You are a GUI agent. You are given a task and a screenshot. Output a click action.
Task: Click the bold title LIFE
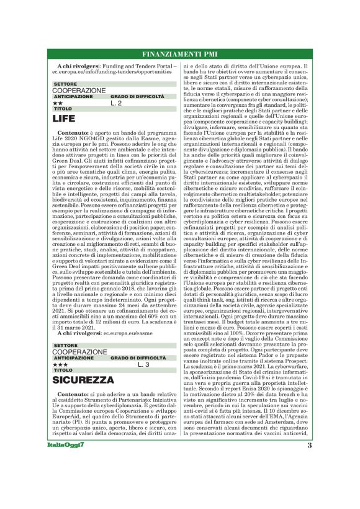click(x=63, y=117)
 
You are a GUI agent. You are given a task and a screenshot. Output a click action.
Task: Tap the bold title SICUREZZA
click(x=83, y=379)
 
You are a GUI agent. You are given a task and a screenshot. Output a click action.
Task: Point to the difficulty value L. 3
click(x=143, y=364)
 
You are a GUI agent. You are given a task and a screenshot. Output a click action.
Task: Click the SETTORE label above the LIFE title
click(x=65, y=84)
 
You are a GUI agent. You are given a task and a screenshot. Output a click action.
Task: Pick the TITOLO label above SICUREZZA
click(x=63, y=370)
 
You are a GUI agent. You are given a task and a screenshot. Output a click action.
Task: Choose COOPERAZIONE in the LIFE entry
click(x=79, y=91)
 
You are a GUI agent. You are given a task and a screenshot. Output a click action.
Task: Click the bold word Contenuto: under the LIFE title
click(x=73, y=133)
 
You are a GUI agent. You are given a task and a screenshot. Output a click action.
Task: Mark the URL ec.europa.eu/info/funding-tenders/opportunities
click(x=115, y=73)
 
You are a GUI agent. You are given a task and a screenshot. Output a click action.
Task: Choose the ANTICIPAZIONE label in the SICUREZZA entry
click(x=73, y=358)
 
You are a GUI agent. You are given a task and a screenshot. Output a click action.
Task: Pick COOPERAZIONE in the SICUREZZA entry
click(x=79, y=352)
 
